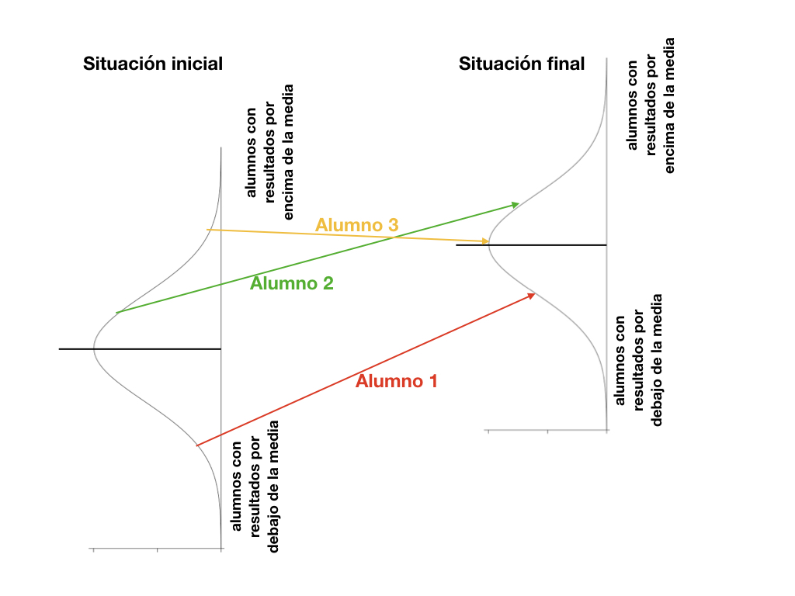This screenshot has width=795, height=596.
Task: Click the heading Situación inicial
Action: point(153,64)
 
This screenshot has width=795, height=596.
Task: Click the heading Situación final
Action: point(522,64)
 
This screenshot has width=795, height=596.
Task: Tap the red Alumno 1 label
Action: point(397,381)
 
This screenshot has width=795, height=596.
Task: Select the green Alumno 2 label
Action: point(292,283)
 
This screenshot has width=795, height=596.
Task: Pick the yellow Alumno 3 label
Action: point(357,225)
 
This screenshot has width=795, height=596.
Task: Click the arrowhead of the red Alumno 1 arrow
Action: point(532,295)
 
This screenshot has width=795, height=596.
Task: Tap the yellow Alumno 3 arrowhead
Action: point(485,241)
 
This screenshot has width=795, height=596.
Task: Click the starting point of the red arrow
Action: point(196,445)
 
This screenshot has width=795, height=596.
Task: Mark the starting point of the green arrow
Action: point(116,313)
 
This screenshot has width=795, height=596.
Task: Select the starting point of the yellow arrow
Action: point(207,230)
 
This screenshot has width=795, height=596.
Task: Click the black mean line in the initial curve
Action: point(140,349)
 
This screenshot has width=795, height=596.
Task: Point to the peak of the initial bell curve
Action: point(94,349)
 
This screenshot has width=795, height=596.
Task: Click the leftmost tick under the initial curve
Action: point(93,549)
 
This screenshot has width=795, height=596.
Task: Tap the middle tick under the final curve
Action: point(547,431)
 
